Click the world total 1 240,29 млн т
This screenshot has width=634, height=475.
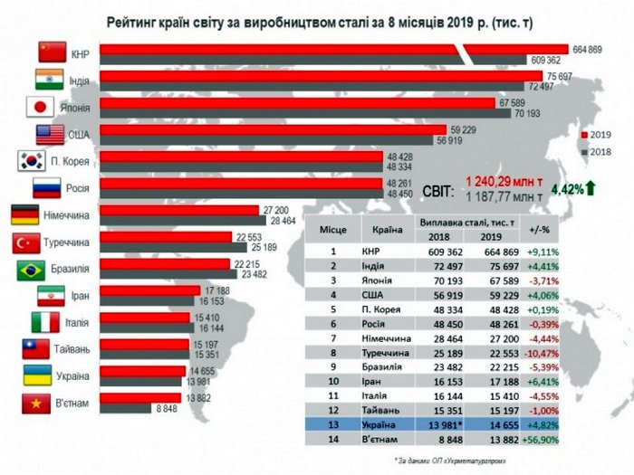(504, 180)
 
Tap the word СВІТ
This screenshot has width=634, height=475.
(439, 187)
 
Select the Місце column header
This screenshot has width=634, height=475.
(332, 231)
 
